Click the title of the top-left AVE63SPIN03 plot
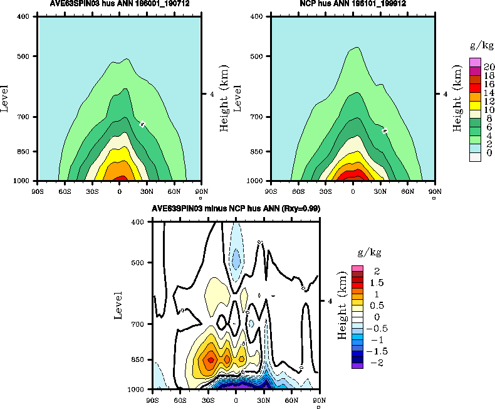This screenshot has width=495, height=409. [x=119, y=4]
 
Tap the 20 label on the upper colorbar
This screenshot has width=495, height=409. [x=489, y=66]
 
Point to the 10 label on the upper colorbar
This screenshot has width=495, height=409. [x=489, y=110]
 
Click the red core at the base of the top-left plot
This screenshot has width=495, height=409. [x=119, y=177]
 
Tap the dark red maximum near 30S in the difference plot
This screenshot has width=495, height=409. [x=211, y=359]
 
